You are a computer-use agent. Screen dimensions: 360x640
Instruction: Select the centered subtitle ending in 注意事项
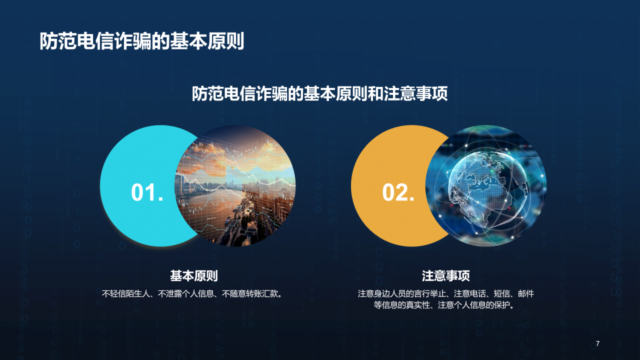tap(319, 94)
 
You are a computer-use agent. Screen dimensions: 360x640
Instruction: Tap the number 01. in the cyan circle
tap(147, 192)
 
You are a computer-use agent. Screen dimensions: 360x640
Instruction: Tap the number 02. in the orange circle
tap(398, 192)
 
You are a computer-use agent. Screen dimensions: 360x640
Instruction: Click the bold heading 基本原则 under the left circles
tap(193, 276)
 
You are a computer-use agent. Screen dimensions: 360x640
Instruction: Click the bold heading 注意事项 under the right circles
tap(445, 276)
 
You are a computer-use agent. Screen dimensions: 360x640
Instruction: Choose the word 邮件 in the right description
tap(526, 293)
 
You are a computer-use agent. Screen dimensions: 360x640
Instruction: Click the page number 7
tap(597, 343)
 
